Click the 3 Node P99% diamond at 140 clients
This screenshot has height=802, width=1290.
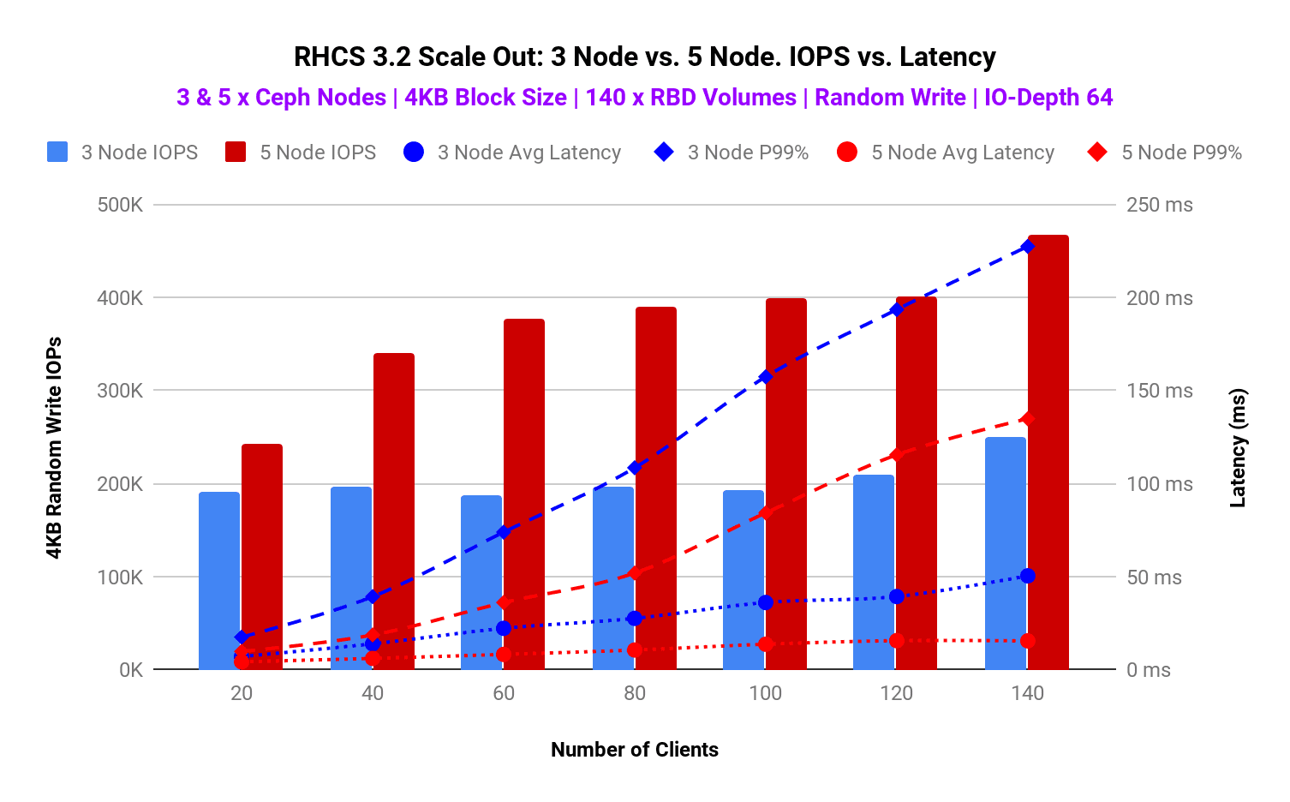[x=1028, y=247]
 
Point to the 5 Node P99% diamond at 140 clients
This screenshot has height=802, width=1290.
[x=1028, y=419]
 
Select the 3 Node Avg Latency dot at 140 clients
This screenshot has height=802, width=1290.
[x=1028, y=576]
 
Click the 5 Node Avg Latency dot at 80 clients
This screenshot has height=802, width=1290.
[x=635, y=650]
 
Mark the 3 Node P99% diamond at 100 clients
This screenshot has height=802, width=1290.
[x=766, y=376]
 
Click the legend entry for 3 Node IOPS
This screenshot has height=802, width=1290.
[x=122, y=153]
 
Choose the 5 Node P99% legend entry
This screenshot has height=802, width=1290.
[x=1165, y=153]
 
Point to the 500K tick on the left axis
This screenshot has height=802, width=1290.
[x=120, y=205]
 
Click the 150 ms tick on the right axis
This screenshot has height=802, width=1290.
[x=1159, y=391]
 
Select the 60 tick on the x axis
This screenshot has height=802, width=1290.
[x=504, y=694]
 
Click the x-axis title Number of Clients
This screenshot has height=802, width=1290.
[x=635, y=750]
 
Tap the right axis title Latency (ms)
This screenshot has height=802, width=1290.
[x=1238, y=448]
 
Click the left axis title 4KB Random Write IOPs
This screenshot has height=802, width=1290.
[x=54, y=448]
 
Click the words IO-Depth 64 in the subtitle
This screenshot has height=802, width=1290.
[x=1048, y=98]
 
